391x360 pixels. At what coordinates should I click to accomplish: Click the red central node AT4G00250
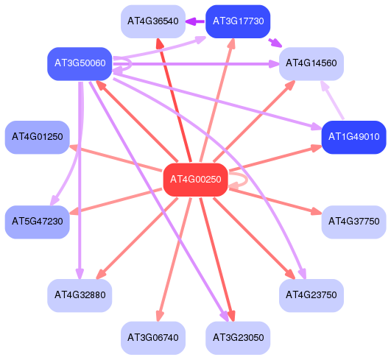pyautogui.click(x=196, y=180)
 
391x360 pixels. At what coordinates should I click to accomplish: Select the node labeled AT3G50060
pyautogui.click(x=80, y=63)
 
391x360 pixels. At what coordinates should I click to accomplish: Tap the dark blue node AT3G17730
pyautogui.click(x=238, y=21)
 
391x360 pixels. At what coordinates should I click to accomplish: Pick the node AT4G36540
pyautogui.click(x=153, y=21)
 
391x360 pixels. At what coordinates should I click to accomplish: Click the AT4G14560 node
pyautogui.click(x=311, y=63)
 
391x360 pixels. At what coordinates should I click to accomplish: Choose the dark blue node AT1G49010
pyautogui.click(x=354, y=137)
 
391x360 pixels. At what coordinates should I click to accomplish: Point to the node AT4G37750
pyautogui.click(x=354, y=222)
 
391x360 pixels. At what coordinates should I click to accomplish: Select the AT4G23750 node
pyautogui.click(x=311, y=295)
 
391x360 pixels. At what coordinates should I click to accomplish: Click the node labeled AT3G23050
pyautogui.click(x=238, y=338)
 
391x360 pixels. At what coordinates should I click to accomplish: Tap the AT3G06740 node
pyautogui.click(x=153, y=338)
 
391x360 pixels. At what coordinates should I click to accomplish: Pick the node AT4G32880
pyautogui.click(x=80, y=295)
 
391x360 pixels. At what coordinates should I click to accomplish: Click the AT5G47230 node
pyautogui.click(x=38, y=222)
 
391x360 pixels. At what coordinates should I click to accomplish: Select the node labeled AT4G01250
pyautogui.click(x=38, y=137)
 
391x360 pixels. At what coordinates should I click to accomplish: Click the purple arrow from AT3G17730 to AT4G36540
pyautogui.click(x=195, y=21)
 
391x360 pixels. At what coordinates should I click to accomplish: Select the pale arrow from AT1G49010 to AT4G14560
pyautogui.click(x=333, y=99)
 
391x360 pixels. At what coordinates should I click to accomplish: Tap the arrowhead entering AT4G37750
pyautogui.click(x=317, y=212)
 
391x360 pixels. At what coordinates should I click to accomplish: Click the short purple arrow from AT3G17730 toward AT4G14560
pyautogui.click(x=275, y=43)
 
